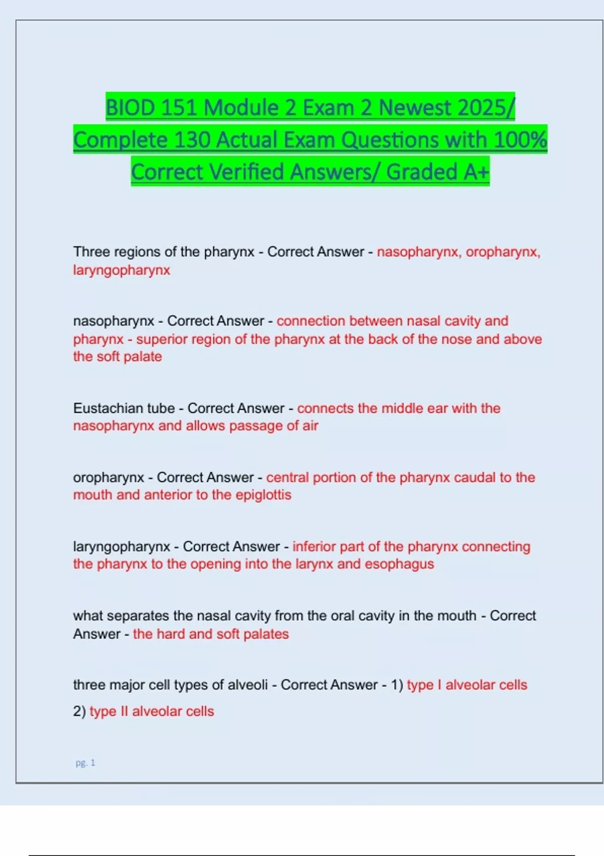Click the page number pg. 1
pyautogui.click(x=85, y=763)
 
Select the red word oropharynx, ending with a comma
pyautogui.click(x=503, y=252)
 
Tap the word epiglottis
pyautogui.click(x=263, y=495)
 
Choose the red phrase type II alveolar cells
pyautogui.click(x=152, y=711)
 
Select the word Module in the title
pyautogui.click(x=240, y=108)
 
